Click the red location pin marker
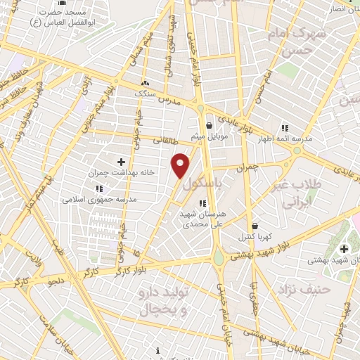click(181, 165)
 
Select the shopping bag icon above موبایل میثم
click(210, 125)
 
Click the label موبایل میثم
click(207, 136)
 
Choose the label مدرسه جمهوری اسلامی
click(99, 199)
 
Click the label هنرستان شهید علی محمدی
click(201, 219)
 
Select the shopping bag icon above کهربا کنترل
click(254, 226)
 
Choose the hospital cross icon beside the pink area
click(344, 248)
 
